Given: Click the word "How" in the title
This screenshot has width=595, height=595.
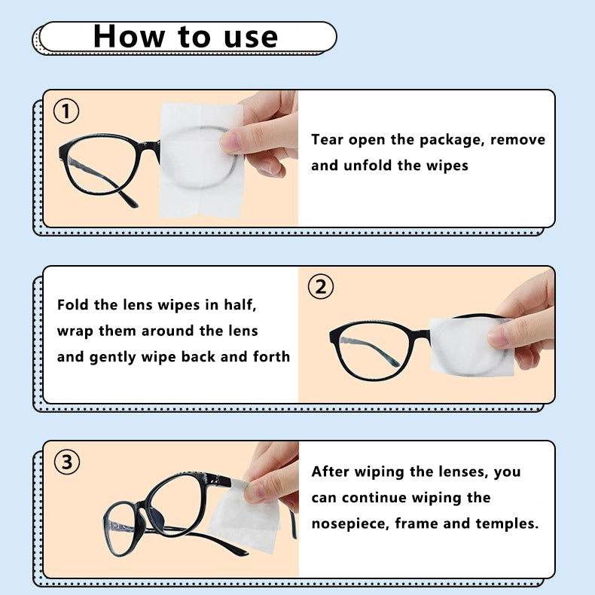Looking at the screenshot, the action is [129, 36].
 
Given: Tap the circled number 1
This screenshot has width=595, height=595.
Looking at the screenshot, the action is [66, 111].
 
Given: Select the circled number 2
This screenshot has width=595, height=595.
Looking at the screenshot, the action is [321, 287].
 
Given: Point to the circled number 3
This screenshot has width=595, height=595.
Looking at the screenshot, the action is [67, 462].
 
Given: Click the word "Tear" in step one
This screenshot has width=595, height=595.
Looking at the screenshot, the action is [327, 139].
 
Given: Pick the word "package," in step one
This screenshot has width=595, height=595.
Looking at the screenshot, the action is [453, 140].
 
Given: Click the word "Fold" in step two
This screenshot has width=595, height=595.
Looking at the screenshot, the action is [72, 305].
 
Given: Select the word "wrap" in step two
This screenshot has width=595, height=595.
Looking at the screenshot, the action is [75, 331].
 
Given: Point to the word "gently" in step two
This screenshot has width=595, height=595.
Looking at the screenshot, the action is [113, 358].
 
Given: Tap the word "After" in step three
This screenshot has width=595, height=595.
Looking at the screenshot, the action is [330, 471].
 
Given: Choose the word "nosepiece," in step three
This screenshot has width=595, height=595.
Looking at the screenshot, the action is [351, 524].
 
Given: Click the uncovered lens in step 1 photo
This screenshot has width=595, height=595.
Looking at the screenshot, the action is [100, 164].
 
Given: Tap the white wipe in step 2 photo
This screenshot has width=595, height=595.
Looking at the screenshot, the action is [471, 346].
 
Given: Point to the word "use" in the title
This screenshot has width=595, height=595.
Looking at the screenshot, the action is [251, 38].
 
